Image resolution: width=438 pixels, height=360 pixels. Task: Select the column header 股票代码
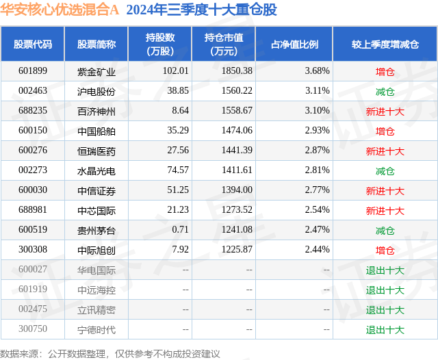pyautogui.click(x=33, y=44)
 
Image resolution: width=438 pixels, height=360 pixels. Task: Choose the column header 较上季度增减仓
pyautogui.click(x=385, y=44)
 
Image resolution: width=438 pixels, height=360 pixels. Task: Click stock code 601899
pyautogui.click(x=33, y=71)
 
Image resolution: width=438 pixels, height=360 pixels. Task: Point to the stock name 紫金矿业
pyautogui.click(x=96, y=71)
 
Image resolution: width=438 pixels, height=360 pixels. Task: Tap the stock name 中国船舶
pyautogui.click(x=96, y=131)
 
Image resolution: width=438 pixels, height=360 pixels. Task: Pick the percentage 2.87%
pyautogui.click(x=317, y=151)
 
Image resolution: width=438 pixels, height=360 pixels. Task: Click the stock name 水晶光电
pyautogui.click(x=96, y=170)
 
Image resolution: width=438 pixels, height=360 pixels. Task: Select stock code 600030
pyautogui.click(x=33, y=190)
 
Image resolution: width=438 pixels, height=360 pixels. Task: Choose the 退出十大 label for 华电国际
pyautogui.click(x=385, y=270)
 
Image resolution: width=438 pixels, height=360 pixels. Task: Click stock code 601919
pyautogui.click(x=33, y=290)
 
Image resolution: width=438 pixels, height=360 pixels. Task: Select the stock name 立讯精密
pyautogui.click(x=96, y=310)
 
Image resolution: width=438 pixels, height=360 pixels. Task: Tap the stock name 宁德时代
pyautogui.click(x=96, y=330)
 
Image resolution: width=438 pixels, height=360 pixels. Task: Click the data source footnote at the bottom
pyautogui.click(x=110, y=353)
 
